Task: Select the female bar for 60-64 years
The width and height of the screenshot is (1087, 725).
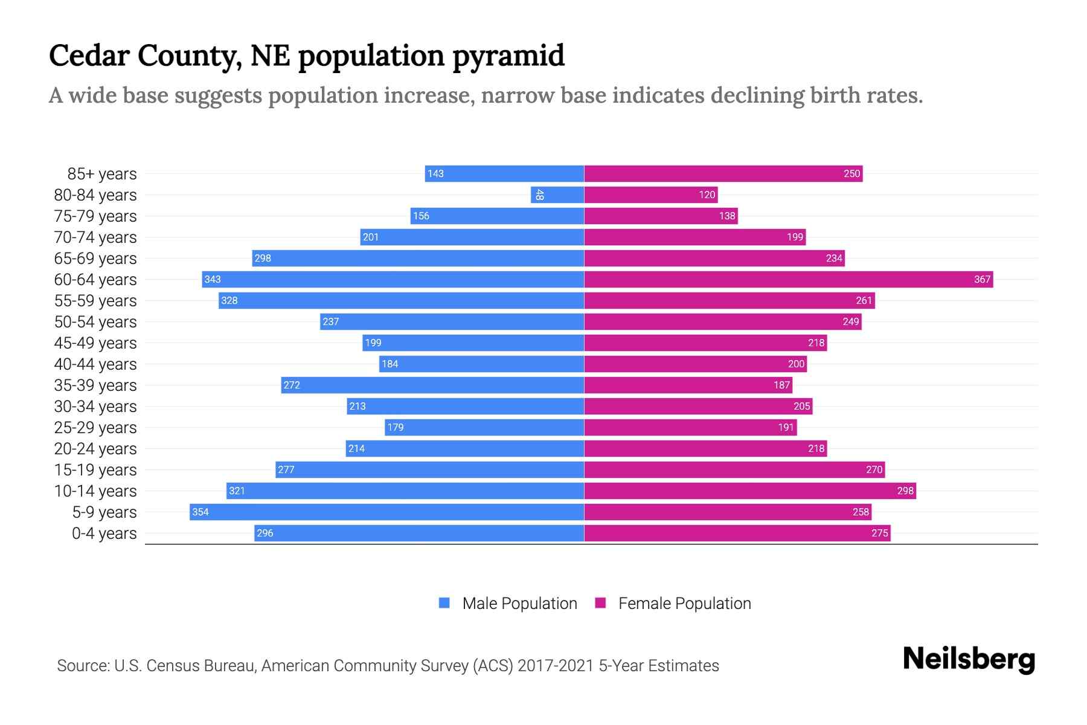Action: click(788, 279)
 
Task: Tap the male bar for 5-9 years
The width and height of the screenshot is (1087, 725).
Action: click(386, 512)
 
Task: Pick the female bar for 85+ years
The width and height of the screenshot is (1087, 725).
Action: click(723, 173)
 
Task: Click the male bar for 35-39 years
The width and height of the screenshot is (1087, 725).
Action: click(432, 385)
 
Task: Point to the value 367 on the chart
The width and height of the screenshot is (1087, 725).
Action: click(982, 279)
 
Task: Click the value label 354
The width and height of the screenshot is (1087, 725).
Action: click(200, 512)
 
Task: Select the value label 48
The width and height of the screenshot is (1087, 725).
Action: click(539, 195)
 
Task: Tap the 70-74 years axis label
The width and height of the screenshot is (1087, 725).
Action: click(95, 237)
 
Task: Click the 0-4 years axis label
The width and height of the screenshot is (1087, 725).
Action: click(104, 533)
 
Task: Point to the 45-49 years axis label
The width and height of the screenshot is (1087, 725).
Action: click(95, 343)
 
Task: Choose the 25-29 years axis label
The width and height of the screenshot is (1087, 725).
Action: click(95, 428)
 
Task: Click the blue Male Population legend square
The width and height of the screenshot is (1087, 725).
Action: click(444, 603)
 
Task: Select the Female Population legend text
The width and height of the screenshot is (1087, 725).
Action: click(684, 603)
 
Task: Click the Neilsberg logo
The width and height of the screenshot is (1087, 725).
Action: click(969, 659)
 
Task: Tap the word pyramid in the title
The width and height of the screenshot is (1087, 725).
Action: click(508, 56)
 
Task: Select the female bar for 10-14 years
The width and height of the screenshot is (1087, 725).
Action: click(750, 491)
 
